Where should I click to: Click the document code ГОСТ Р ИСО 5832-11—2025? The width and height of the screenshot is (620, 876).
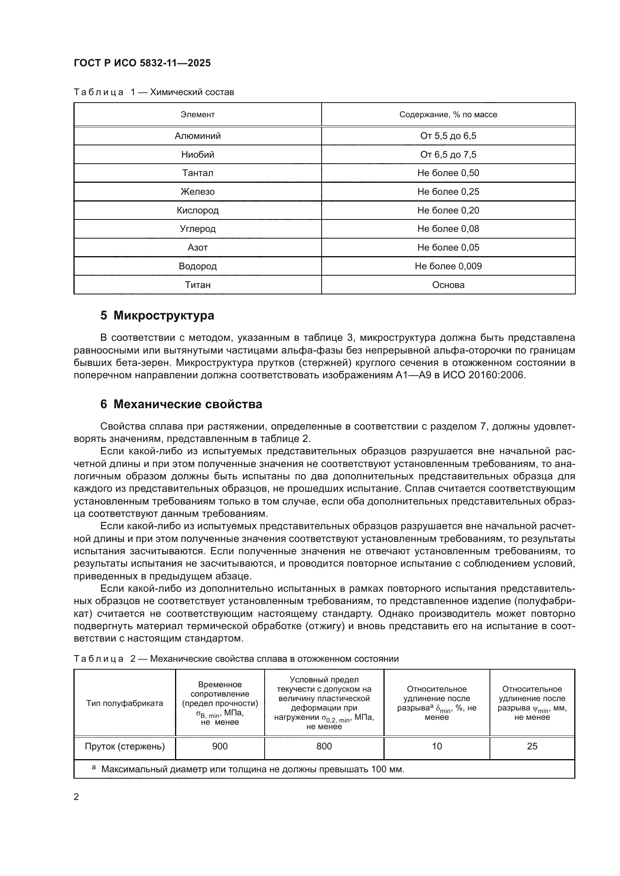click(x=142, y=63)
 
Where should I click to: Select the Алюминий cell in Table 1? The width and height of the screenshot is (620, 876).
click(x=198, y=136)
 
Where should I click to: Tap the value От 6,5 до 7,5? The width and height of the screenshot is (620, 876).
click(x=448, y=155)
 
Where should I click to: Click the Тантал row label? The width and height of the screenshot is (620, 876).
click(x=198, y=173)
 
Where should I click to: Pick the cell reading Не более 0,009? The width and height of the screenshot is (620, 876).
click(x=448, y=266)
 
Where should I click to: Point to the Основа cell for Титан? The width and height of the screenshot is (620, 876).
click(x=448, y=285)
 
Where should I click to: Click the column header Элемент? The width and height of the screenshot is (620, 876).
click(x=198, y=115)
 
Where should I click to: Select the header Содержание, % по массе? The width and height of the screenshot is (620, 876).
click(x=448, y=115)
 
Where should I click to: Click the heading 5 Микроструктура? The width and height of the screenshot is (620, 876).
click(x=157, y=315)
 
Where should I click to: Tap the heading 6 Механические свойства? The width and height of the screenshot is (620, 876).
click(x=181, y=404)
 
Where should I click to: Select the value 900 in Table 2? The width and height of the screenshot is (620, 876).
click(x=220, y=746)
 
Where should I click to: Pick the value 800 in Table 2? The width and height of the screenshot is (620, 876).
click(x=324, y=746)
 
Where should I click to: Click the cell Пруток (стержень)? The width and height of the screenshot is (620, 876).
click(x=124, y=746)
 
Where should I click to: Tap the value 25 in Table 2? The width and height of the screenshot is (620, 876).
click(x=532, y=746)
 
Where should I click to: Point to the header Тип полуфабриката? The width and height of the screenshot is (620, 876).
click(x=124, y=703)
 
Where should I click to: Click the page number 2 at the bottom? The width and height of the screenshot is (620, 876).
click(x=76, y=797)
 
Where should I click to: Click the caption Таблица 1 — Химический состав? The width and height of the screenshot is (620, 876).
click(x=153, y=92)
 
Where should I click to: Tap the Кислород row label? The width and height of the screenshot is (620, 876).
click(x=198, y=210)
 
